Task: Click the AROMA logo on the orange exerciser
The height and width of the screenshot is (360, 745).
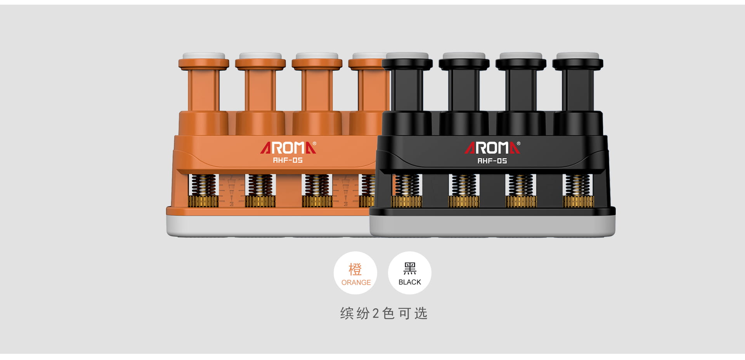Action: pos(288,148)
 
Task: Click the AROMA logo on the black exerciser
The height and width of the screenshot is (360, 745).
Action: pos(492,148)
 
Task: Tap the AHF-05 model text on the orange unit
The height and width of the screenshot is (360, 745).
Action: pos(288,160)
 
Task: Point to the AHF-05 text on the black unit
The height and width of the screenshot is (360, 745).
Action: pos(492,161)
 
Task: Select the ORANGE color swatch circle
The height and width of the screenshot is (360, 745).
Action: pos(355,273)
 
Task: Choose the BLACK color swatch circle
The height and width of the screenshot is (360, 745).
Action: pos(410,273)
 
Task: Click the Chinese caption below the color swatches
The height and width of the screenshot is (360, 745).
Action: pos(384,313)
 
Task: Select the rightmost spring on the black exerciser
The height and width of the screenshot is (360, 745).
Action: pos(578,185)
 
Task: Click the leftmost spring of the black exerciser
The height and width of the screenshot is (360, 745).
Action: pos(407,185)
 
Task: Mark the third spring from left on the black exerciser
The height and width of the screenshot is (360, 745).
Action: pos(521,185)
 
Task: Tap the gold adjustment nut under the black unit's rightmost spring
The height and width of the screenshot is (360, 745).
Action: pos(578,202)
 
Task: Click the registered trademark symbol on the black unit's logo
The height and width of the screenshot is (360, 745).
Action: pos(519,144)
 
